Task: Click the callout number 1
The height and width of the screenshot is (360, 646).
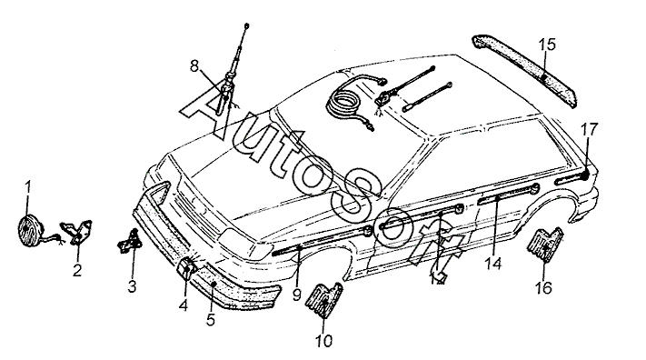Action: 28,187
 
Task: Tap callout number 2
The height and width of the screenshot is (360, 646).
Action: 77,271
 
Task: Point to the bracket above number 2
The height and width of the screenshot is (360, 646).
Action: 77,232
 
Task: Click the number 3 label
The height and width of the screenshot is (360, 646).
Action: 132,286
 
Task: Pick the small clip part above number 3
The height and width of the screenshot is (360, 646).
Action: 129,242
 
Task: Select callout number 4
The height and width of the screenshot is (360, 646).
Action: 184,305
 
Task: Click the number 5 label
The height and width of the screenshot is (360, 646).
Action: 211,320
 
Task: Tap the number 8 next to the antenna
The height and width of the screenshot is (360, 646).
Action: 194,65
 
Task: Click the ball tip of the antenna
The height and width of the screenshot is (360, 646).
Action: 246,26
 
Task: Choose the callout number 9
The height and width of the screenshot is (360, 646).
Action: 297,295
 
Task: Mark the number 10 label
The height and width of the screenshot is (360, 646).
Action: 323,341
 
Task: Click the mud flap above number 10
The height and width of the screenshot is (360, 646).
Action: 324,300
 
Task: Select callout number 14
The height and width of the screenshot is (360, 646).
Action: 493,263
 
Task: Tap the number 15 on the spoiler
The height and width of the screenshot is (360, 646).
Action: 547,45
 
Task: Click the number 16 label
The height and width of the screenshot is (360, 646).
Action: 543,287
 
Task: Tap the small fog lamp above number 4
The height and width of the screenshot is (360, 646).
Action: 186,267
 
